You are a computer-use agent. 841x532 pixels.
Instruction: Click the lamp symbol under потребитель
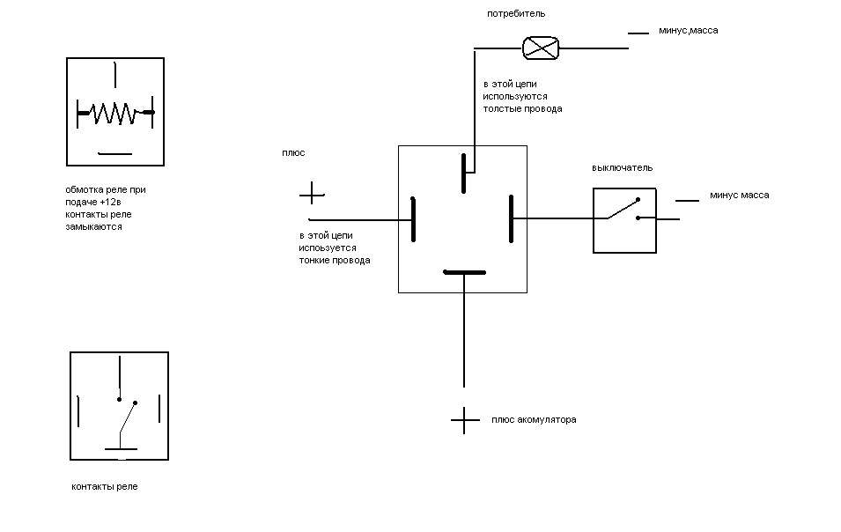(x=541, y=48)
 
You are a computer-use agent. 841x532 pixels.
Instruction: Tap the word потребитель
(x=516, y=14)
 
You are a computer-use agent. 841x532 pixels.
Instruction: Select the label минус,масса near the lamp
(x=688, y=31)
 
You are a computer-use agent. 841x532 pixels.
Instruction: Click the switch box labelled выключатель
(x=624, y=220)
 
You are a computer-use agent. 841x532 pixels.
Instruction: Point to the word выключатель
(x=623, y=168)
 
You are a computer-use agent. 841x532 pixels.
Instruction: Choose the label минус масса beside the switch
(x=739, y=196)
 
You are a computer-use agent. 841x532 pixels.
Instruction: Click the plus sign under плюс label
(x=312, y=193)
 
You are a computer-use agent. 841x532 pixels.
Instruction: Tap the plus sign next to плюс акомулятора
(x=464, y=420)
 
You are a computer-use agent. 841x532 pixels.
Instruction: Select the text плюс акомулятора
(x=534, y=420)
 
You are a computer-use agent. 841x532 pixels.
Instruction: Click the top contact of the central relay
(x=463, y=172)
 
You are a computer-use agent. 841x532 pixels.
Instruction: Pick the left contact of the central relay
(x=412, y=219)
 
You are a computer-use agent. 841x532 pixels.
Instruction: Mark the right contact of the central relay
(x=512, y=219)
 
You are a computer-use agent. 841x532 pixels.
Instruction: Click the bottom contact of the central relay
(x=464, y=272)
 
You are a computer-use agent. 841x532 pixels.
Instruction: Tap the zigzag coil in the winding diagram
(x=114, y=113)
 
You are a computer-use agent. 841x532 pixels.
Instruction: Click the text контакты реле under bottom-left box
(x=105, y=487)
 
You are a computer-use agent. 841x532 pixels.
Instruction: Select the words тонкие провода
(x=335, y=261)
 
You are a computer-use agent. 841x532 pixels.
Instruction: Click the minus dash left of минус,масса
(x=638, y=33)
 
